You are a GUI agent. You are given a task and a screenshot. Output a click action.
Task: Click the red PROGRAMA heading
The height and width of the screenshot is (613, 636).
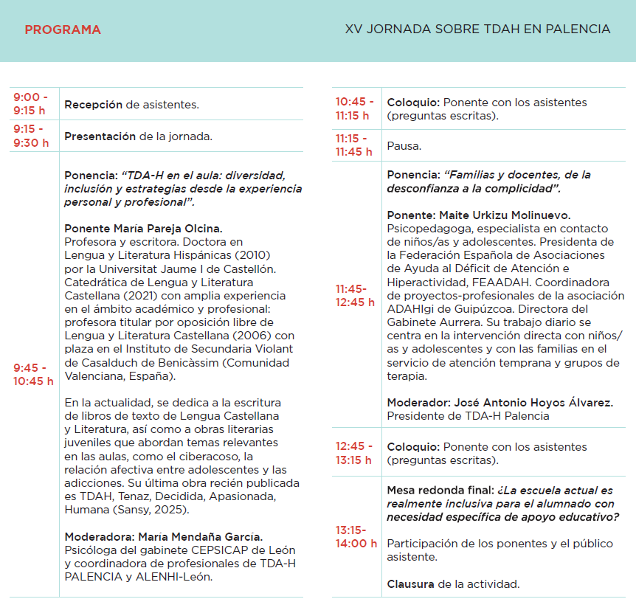point(63,30)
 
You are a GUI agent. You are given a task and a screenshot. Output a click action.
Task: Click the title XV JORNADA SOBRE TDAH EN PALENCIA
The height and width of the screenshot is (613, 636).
point(477,30)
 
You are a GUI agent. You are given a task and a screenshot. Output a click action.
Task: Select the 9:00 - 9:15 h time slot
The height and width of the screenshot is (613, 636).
point(30,104)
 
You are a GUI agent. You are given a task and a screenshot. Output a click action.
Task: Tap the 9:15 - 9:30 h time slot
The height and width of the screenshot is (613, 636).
point(30,136)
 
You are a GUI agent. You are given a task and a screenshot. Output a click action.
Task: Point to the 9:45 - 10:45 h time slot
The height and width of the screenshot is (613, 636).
point(33,374)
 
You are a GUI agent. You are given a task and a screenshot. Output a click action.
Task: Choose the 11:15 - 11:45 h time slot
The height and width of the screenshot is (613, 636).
point(354,145)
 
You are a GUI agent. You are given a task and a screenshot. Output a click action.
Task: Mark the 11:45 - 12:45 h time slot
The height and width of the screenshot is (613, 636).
point(355,295)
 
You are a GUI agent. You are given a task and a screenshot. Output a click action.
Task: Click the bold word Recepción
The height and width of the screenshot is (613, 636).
point(93,105)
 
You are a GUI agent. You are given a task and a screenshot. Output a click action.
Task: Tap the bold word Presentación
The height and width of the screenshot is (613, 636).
point(100,136)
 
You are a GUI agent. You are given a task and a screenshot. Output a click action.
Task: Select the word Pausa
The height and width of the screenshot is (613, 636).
point(404,146)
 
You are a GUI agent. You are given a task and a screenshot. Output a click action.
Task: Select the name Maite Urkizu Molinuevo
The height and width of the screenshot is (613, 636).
point(505,215)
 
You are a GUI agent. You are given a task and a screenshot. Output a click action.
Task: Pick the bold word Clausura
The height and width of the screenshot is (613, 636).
point(410,584)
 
